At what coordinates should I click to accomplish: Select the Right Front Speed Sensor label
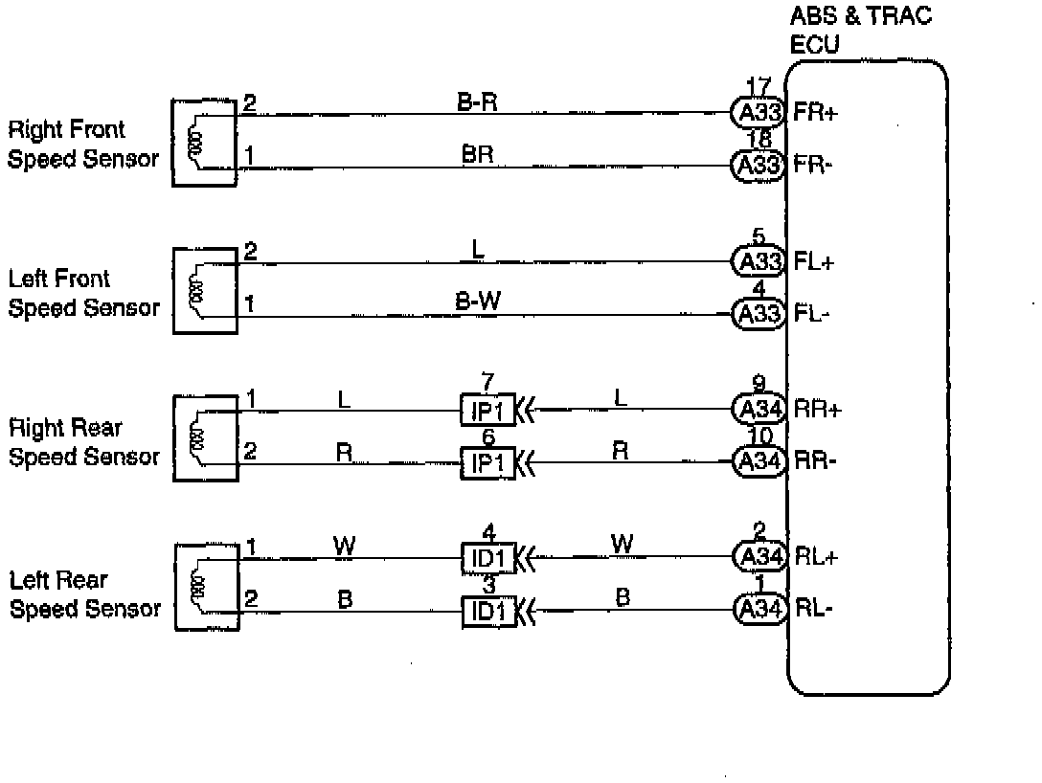point(82,145)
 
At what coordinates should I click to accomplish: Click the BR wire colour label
point(477,153)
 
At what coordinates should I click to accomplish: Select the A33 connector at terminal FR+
point(759,113)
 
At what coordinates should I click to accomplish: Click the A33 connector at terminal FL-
point(759,313)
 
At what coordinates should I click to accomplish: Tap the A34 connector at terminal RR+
point(759,410)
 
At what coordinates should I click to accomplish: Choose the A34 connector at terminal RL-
point(759,608)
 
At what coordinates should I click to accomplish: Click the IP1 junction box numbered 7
point(488,412)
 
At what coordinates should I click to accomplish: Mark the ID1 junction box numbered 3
point(488,610)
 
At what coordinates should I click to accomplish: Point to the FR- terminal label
point(814,166)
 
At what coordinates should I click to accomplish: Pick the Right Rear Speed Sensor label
point(83,442)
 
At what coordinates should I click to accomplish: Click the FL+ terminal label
point(814,262)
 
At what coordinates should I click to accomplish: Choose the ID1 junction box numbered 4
point(488,556)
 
